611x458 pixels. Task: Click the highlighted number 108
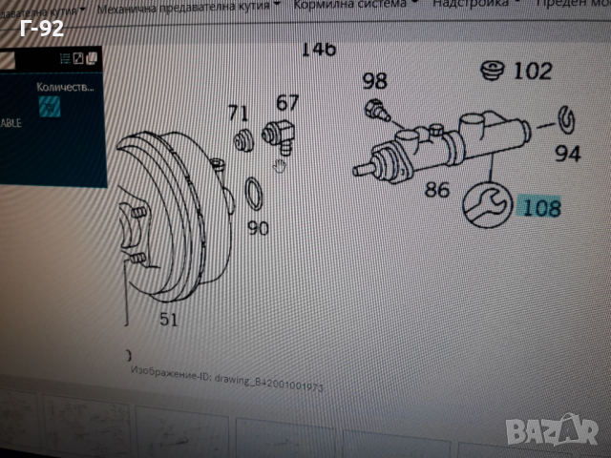click(541, 206)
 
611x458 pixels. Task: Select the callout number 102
click(533, 72)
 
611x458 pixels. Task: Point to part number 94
click(568, 153)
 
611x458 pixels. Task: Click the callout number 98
click(374, 81)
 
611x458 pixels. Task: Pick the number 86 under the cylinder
click(437, 190)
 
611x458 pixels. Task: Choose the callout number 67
click(287, 102)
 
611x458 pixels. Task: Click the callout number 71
click(239, 114)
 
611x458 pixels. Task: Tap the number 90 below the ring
click(258, 229)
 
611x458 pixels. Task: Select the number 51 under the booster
click(168, 320)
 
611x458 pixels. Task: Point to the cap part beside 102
click(494, 73)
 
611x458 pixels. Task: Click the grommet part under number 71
click(243, 141)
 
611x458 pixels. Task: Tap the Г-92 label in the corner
click(41, 30)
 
